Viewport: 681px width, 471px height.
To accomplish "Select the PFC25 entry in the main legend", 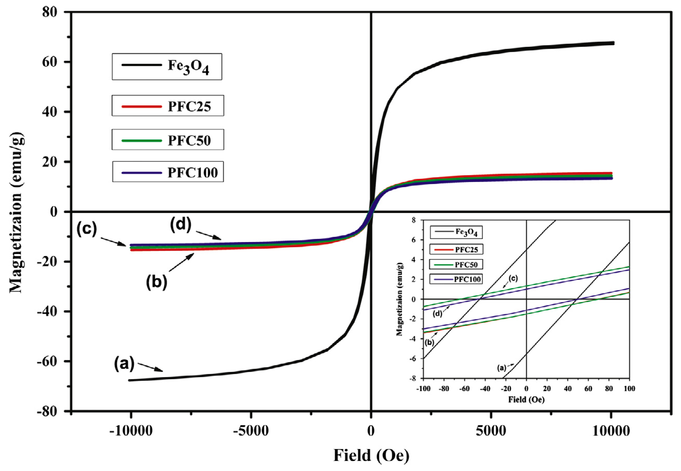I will (x=168, y=106).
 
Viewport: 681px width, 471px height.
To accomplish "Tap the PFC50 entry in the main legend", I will (x=168, y=140).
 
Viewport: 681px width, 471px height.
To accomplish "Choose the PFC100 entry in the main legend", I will (x=168, y=172).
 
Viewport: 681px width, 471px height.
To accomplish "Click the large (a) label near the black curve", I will (x=124, y=364).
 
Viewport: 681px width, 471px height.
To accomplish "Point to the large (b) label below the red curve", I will (x=156, y=282).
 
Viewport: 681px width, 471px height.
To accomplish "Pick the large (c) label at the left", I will (x=86, y=229).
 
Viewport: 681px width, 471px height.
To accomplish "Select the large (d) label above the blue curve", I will (x=181, y=225).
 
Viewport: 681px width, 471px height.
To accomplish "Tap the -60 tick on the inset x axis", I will (x=464, y=388).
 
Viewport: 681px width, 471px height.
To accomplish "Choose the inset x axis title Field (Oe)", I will (x=526, y=400).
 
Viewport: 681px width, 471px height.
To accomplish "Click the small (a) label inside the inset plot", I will (x=502, y=368).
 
